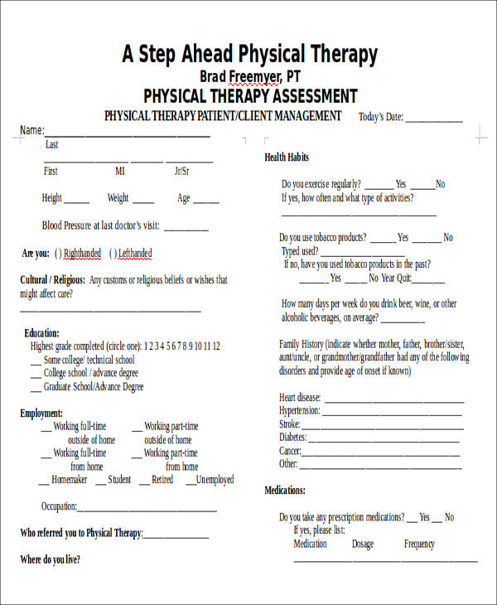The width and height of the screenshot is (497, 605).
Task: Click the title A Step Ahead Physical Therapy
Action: click(249, 55)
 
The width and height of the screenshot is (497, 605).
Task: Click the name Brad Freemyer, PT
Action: click(250, 77)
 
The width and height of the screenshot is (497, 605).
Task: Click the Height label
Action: click(52, 198)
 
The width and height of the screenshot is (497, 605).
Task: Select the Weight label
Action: click(118, 198)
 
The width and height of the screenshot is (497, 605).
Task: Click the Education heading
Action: click(41, 332)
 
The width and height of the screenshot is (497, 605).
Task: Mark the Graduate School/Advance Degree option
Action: click(93, 387)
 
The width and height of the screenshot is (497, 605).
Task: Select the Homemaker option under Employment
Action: click(69, 479)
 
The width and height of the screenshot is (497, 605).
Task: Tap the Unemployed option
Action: click(215, 479)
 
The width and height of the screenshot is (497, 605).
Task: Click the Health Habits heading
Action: click(287, 157)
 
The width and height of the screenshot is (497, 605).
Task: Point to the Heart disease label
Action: click(299, 398)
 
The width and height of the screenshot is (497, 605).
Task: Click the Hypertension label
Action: click(300, 411)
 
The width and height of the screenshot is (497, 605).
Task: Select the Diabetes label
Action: click(293, 438)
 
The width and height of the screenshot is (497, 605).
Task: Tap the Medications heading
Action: click(285, 491)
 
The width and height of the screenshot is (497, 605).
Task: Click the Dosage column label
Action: click(363, 544)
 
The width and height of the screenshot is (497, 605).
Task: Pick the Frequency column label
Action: click(419, 544)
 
